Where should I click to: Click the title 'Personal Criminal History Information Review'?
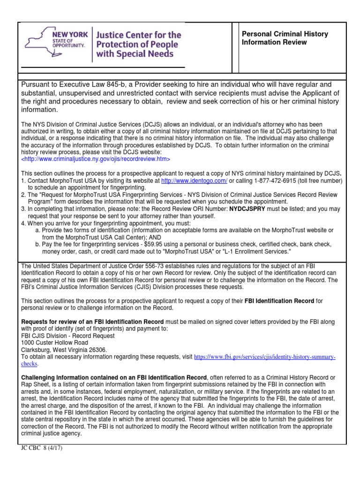[x=285, y=38]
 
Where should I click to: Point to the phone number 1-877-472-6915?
[x=266, y=180]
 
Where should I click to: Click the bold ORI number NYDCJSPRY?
[x=253, y=209]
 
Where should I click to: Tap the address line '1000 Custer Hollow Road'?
[x=54, y=343]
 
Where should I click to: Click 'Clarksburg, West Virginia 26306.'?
[x=64, y=350]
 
